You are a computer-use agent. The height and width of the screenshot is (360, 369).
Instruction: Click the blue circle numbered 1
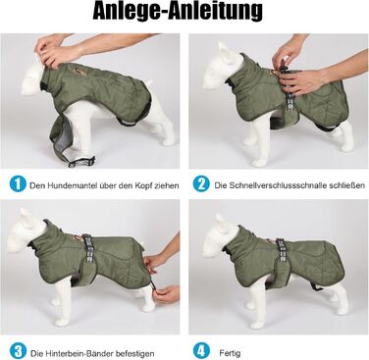18,184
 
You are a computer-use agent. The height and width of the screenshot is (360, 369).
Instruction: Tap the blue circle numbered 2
201,184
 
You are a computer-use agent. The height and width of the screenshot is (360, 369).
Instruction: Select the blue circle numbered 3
18,351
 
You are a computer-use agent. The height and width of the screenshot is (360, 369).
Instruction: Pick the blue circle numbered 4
201,351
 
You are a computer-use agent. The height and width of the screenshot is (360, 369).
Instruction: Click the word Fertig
231,353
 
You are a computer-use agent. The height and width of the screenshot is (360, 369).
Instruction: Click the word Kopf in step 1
141,186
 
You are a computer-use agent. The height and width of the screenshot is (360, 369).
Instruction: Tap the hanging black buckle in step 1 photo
81,162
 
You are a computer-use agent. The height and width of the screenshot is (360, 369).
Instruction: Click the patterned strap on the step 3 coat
87,252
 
